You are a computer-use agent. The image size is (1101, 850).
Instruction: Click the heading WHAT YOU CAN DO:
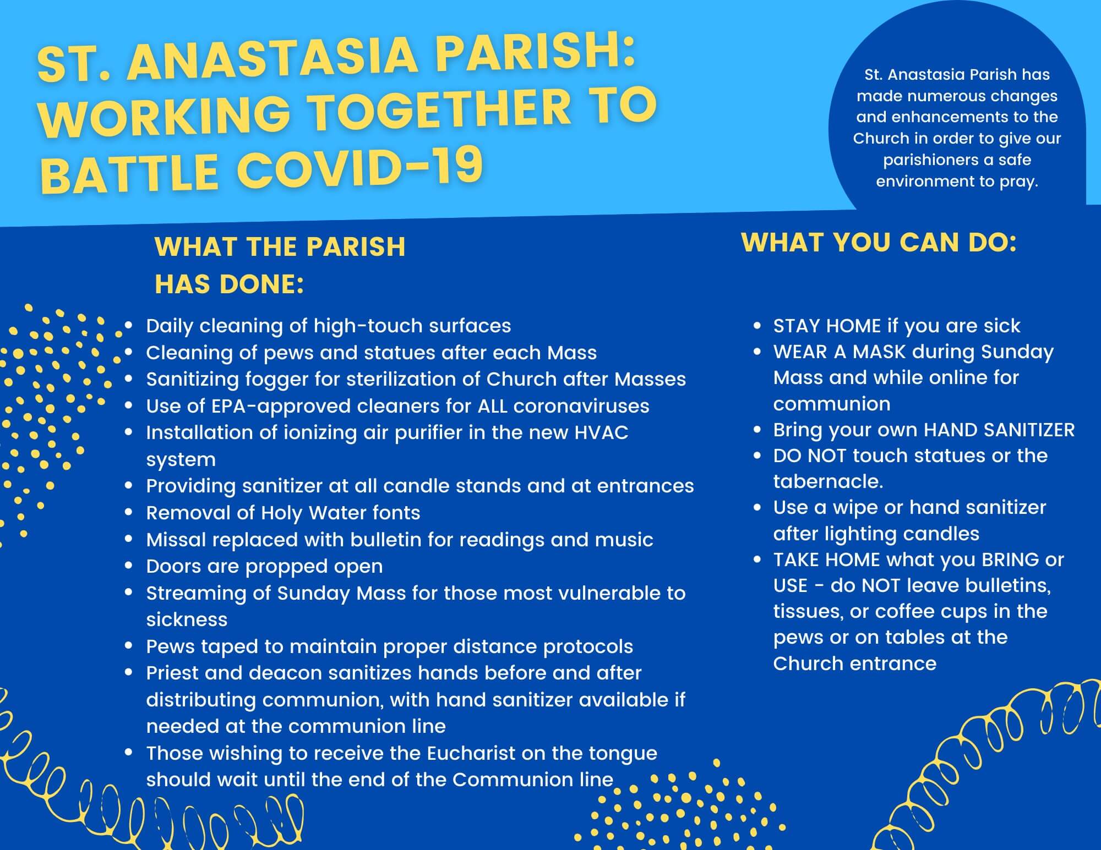[x=879, y=243]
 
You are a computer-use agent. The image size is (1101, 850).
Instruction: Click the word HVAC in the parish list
[x=601, y=432]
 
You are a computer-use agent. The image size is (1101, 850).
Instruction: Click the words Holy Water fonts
[x=340, y=513]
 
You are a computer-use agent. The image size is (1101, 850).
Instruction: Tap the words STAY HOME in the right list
[x=827, y=326]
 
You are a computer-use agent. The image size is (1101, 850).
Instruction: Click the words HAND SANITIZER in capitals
[x=999, y=430]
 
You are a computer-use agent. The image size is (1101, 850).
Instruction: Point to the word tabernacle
[x=828, y=481]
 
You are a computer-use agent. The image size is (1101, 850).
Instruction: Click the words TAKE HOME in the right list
[x=827, y=560]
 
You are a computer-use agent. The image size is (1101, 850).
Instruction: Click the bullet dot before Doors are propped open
[x=129, y=566]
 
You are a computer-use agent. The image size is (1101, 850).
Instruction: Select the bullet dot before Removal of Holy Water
[x=129, y=512]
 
